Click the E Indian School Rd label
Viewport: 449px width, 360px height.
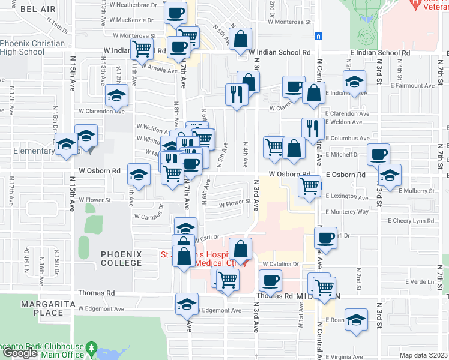381,53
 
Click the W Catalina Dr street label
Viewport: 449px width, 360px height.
280,264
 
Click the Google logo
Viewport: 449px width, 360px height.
20,353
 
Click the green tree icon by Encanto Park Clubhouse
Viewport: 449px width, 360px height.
91,347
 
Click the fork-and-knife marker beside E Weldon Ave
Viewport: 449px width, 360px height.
313,128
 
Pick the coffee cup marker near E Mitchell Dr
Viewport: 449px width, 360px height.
378,154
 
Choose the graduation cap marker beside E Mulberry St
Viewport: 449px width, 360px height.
390,175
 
